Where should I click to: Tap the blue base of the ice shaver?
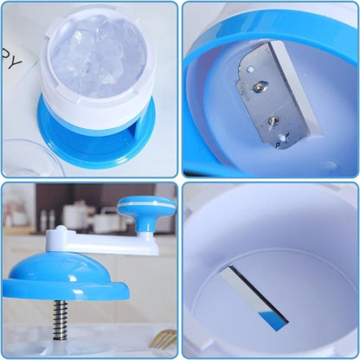(x=61, y=138)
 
